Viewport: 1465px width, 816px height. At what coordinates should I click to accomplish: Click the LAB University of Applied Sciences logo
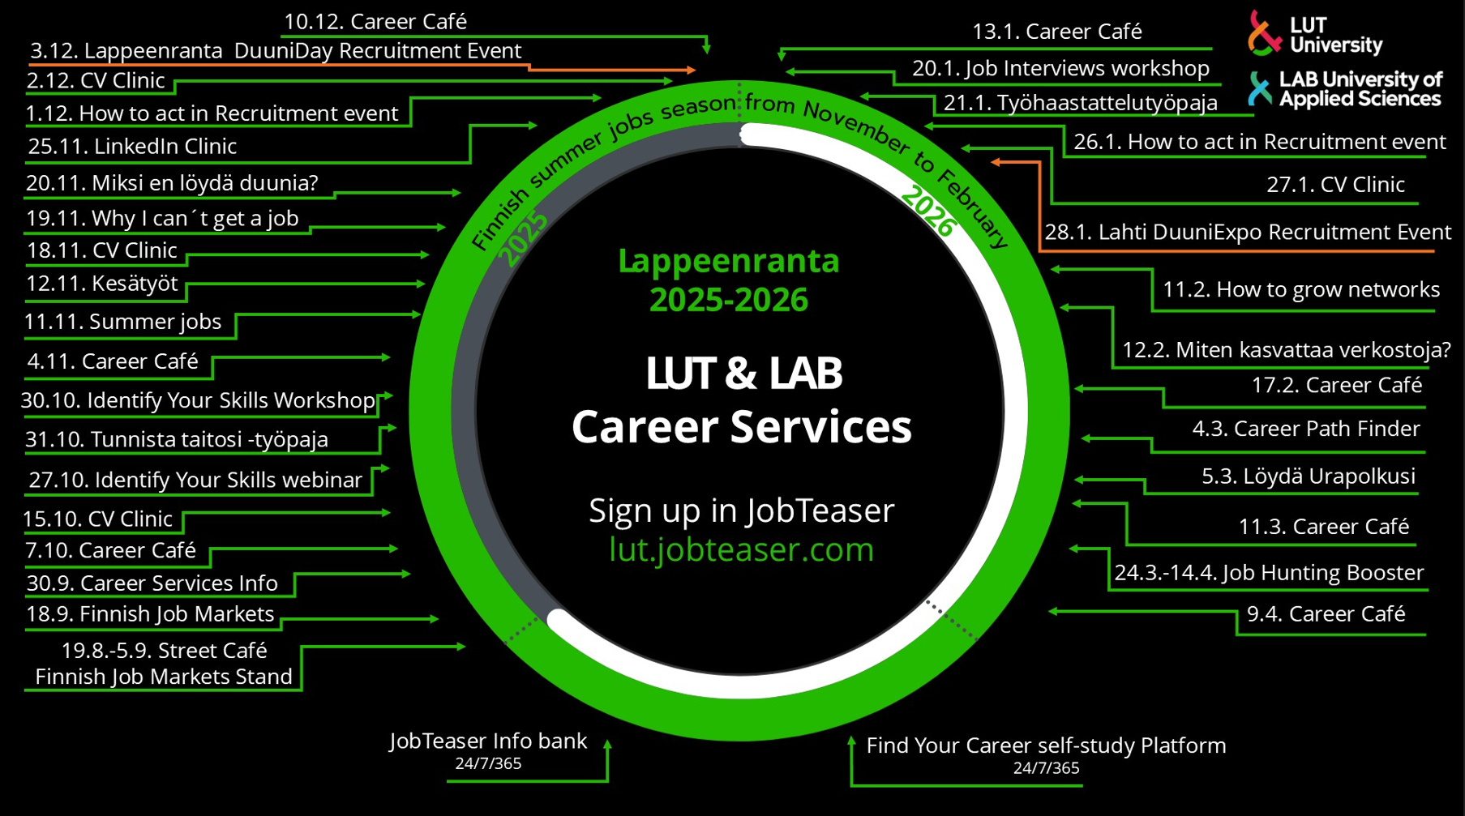tap(1346, 89)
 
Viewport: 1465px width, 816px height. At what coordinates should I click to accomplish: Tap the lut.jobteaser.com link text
tap(741, 549)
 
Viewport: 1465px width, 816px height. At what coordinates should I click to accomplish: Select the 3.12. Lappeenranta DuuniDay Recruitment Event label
tap(276, 51)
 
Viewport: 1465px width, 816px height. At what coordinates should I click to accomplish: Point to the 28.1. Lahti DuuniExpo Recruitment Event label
tap(1247, 233)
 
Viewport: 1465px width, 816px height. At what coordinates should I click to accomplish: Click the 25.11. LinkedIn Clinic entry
tap(132, 147)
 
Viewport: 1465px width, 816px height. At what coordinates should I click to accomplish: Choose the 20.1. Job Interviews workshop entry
tap(1060, 69)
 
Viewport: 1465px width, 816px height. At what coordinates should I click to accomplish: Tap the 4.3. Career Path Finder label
tap(1305, 429)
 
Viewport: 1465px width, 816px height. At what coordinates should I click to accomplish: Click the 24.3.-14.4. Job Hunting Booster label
tap(1268, 573)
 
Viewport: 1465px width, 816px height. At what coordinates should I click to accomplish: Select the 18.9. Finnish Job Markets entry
tap(150, 614)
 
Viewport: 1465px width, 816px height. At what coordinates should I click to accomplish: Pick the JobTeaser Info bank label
tap(488, 741)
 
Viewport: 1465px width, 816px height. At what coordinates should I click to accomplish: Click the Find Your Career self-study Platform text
tap(1046, 746)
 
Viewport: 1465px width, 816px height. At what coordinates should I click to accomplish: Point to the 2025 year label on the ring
tap(524, 239)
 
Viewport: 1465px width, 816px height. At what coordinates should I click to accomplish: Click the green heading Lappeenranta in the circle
tap(728, 262)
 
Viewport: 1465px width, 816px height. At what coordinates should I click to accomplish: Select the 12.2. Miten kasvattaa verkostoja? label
tap(1286, 350)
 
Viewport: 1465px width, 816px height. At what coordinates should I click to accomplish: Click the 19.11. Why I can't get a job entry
tap(162, 219)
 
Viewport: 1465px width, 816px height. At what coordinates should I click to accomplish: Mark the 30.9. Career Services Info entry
tap(152, 583)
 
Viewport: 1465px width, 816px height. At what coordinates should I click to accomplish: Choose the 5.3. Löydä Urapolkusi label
tap(1308, 476)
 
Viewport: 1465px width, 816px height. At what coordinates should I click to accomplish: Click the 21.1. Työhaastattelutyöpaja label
tap(1080, 104)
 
